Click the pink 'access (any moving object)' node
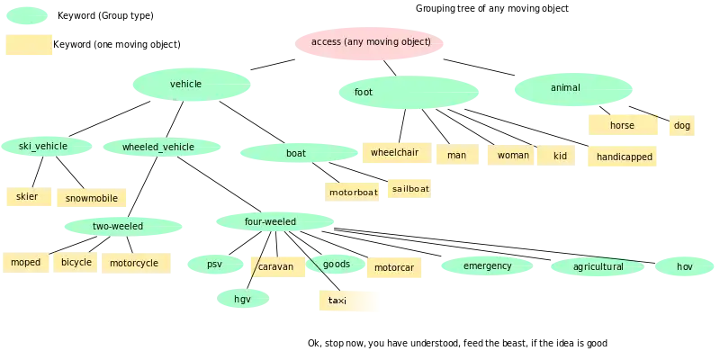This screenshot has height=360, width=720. (370, 42)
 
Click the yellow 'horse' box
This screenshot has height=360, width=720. (623, 125)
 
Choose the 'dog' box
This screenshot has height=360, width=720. (681, 125)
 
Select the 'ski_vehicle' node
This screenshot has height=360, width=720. (43, 146)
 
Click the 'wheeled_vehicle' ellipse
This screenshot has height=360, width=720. (158, 148)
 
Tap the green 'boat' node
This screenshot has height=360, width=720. (297, 153)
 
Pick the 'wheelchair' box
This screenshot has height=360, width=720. (395, 152)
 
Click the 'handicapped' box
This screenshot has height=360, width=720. (624, 157)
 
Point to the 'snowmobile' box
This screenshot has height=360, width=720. (92, 198)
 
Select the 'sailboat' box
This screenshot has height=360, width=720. (410, 189)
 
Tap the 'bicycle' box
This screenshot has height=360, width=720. (76, 263)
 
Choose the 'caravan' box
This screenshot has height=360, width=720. (276, 266)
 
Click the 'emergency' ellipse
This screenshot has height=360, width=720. (487, 265)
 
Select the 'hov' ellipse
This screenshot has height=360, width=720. (685, 266)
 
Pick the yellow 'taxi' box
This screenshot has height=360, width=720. (348, 301)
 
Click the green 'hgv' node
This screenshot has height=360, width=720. (243, 299)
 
